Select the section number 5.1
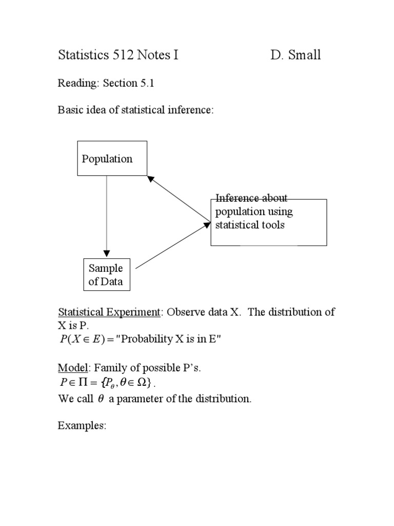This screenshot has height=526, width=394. (x=147, y=84)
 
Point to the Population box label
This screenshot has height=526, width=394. (x=107, y=159)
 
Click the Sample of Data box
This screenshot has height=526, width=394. (x=106, y=275)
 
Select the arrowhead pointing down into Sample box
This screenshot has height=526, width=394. (x=106, y=253)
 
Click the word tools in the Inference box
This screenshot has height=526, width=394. (x=272, y=225)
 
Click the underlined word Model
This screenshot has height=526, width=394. (x=70, y=368)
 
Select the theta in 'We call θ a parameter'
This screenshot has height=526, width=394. (x=101, y=399)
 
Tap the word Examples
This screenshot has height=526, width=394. (x=82, y=426)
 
